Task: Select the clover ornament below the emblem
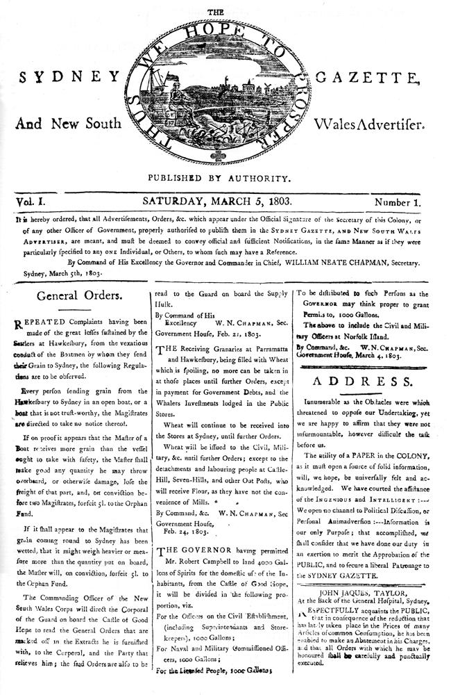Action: pos(226,160)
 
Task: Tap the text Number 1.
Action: pos(402,202)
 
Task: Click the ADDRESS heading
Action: pos(368,382)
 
